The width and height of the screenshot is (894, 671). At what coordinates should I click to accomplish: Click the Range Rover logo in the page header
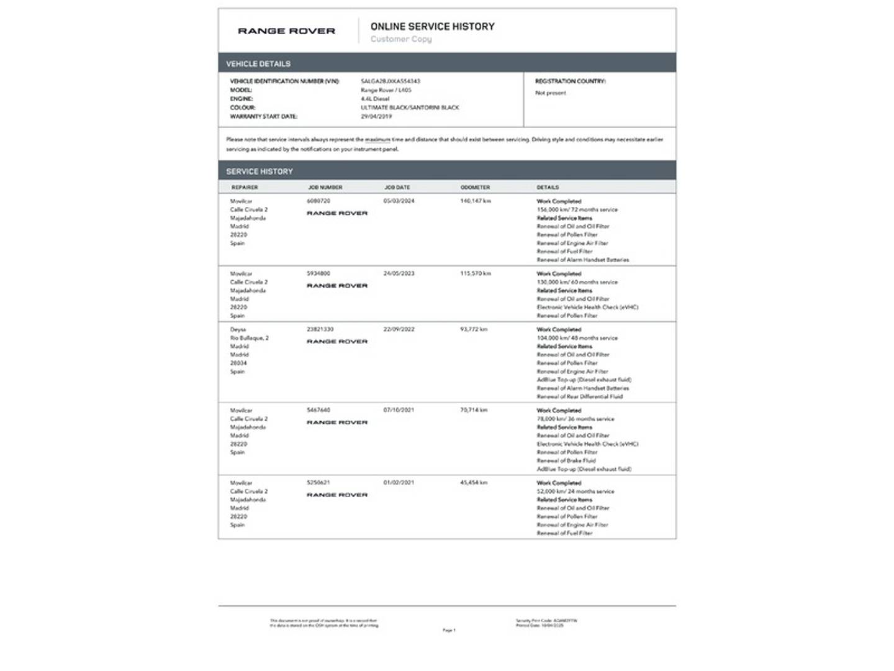click(286, 31)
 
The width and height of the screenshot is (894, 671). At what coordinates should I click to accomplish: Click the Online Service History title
click(432, 27)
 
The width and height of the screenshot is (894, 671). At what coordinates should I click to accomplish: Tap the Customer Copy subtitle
click(401, 39)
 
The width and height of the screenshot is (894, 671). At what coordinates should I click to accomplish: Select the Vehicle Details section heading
click(258, 64)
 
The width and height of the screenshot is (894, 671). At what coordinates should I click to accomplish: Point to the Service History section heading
click(260, 171)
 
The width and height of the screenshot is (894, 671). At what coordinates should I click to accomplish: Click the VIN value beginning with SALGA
click(391, 81)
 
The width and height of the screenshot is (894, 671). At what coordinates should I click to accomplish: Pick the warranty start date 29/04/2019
click(376, 117)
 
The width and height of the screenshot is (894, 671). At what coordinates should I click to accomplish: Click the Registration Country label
click(570, 81)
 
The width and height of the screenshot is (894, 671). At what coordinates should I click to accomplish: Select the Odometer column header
click(475, 188)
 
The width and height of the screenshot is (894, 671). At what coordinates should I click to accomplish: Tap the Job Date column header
click(397, 188)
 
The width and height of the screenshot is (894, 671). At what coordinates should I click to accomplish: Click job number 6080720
click(318, 201)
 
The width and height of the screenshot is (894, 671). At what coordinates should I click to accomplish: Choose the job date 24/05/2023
click(399, 273)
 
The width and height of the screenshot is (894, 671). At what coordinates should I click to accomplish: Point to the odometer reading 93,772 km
click(474, 329)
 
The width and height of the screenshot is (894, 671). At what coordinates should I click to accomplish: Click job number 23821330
click(320, 329)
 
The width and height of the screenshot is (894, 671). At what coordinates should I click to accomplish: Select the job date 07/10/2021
click(399, 410)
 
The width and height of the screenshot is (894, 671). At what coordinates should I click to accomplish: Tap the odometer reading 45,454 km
click(474, 483)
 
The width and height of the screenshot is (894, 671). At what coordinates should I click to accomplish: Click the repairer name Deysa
click(238, 329)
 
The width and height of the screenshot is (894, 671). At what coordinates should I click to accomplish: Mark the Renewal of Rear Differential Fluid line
click(579, 396)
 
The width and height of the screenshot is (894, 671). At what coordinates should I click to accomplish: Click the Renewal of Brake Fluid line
click(566, 461)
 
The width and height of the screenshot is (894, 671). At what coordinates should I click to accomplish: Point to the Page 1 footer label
click(449, 630)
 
